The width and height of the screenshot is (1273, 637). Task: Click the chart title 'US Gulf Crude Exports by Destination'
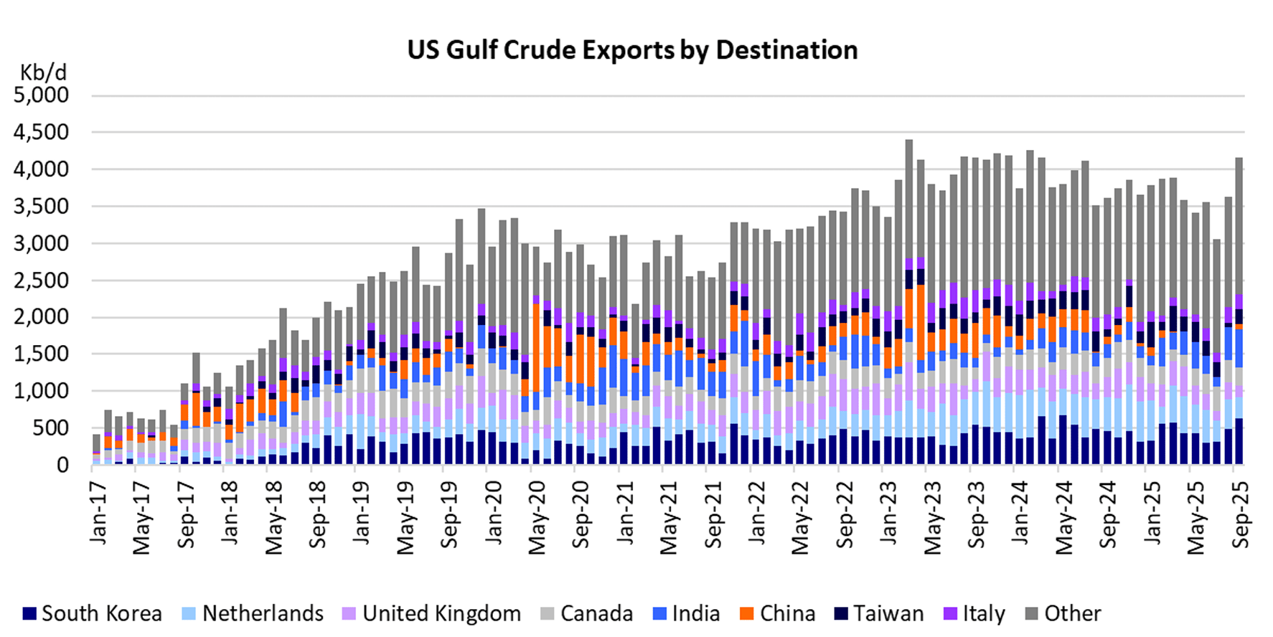[x=632, y=50]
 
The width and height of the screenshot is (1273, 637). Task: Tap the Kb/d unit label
[x=43, y=72]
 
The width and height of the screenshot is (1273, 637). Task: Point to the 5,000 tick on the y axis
[x=42, y=95]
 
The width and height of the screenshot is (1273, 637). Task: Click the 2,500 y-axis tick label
[x=42, y=280]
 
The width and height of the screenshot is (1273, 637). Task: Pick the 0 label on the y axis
[x=62, y=466]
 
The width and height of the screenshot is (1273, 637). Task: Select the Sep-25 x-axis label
[x=1241, y=514]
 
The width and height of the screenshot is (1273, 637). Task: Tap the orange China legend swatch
[x=747, y=614]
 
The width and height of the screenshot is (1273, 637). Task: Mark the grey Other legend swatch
[x=1031, y=614]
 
